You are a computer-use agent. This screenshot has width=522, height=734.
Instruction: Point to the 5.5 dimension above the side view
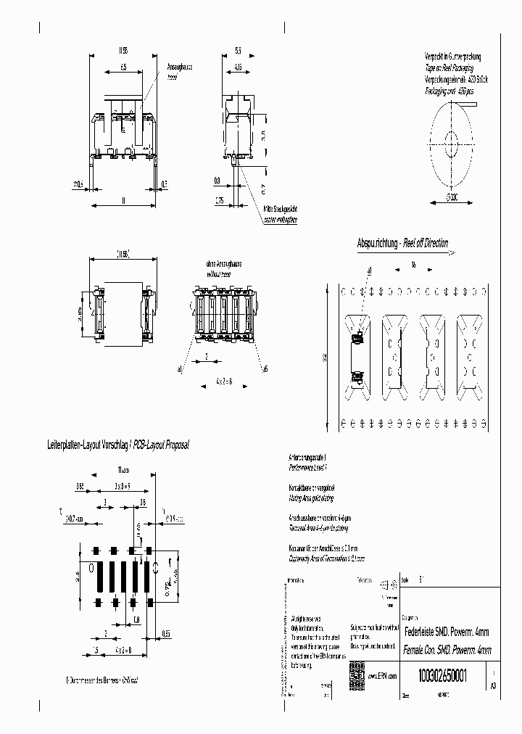(x=238, y=51)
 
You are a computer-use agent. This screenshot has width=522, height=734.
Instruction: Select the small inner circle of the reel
(x=452, y=139)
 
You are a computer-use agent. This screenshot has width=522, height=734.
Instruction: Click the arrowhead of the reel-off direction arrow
(x=451, y=253)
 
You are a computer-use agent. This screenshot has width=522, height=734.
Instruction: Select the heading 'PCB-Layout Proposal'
(x=152, y=444)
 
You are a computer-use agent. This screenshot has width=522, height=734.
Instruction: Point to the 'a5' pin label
(x=265, y=369)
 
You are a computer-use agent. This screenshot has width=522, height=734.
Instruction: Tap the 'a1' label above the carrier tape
(x=369, y=271)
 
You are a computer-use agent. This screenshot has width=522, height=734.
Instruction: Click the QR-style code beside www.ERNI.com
(x=356, y=672)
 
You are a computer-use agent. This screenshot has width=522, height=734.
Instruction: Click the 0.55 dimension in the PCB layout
(x=166, y=633)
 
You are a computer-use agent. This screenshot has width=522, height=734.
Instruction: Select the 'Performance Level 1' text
(x=309, y=469)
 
